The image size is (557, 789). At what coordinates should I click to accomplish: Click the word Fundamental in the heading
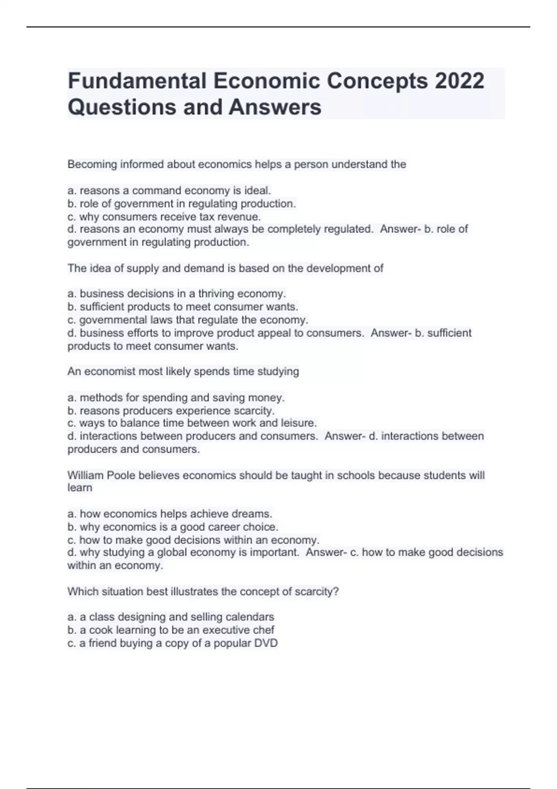(x=137, y=81)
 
